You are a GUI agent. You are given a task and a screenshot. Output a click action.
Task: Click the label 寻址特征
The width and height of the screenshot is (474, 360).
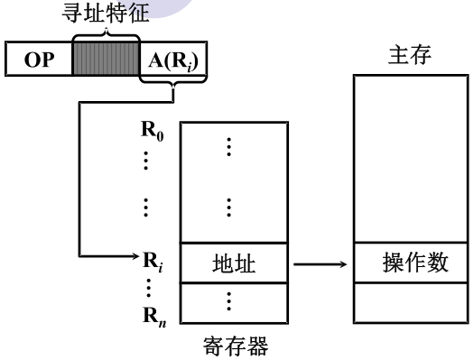[x=107, y=13]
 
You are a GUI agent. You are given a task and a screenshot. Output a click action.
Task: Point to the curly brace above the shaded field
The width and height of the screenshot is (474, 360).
[x=106, y=32]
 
